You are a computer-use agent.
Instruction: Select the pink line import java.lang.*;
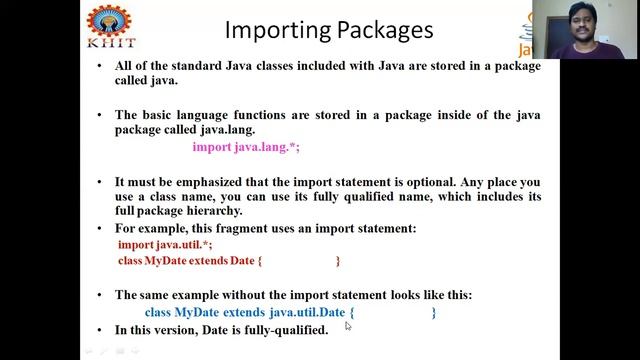click(x=246, y=146)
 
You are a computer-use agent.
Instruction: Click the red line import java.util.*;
click(x=165, y=244)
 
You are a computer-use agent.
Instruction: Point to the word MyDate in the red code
click(x=166, y=260)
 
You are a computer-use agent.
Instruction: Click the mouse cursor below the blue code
click(x=348, y=325)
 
